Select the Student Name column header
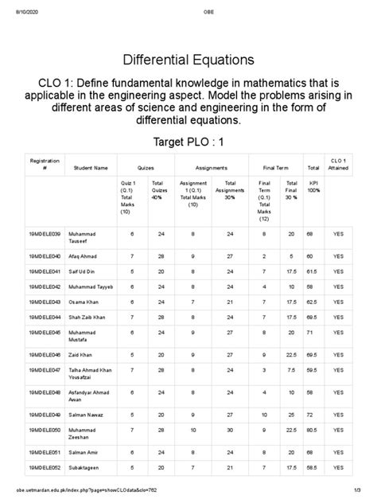tap(90, 168)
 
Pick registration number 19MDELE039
tap(45, 234)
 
